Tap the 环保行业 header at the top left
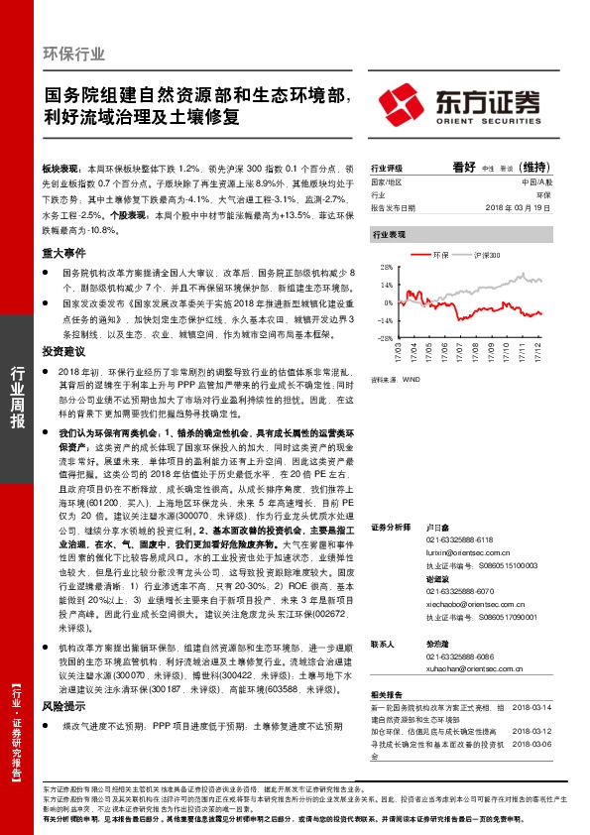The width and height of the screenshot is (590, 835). (x=74, y=54)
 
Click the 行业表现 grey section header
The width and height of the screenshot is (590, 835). (x=389, y=234)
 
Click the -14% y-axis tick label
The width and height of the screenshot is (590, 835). (x=382, y=320)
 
